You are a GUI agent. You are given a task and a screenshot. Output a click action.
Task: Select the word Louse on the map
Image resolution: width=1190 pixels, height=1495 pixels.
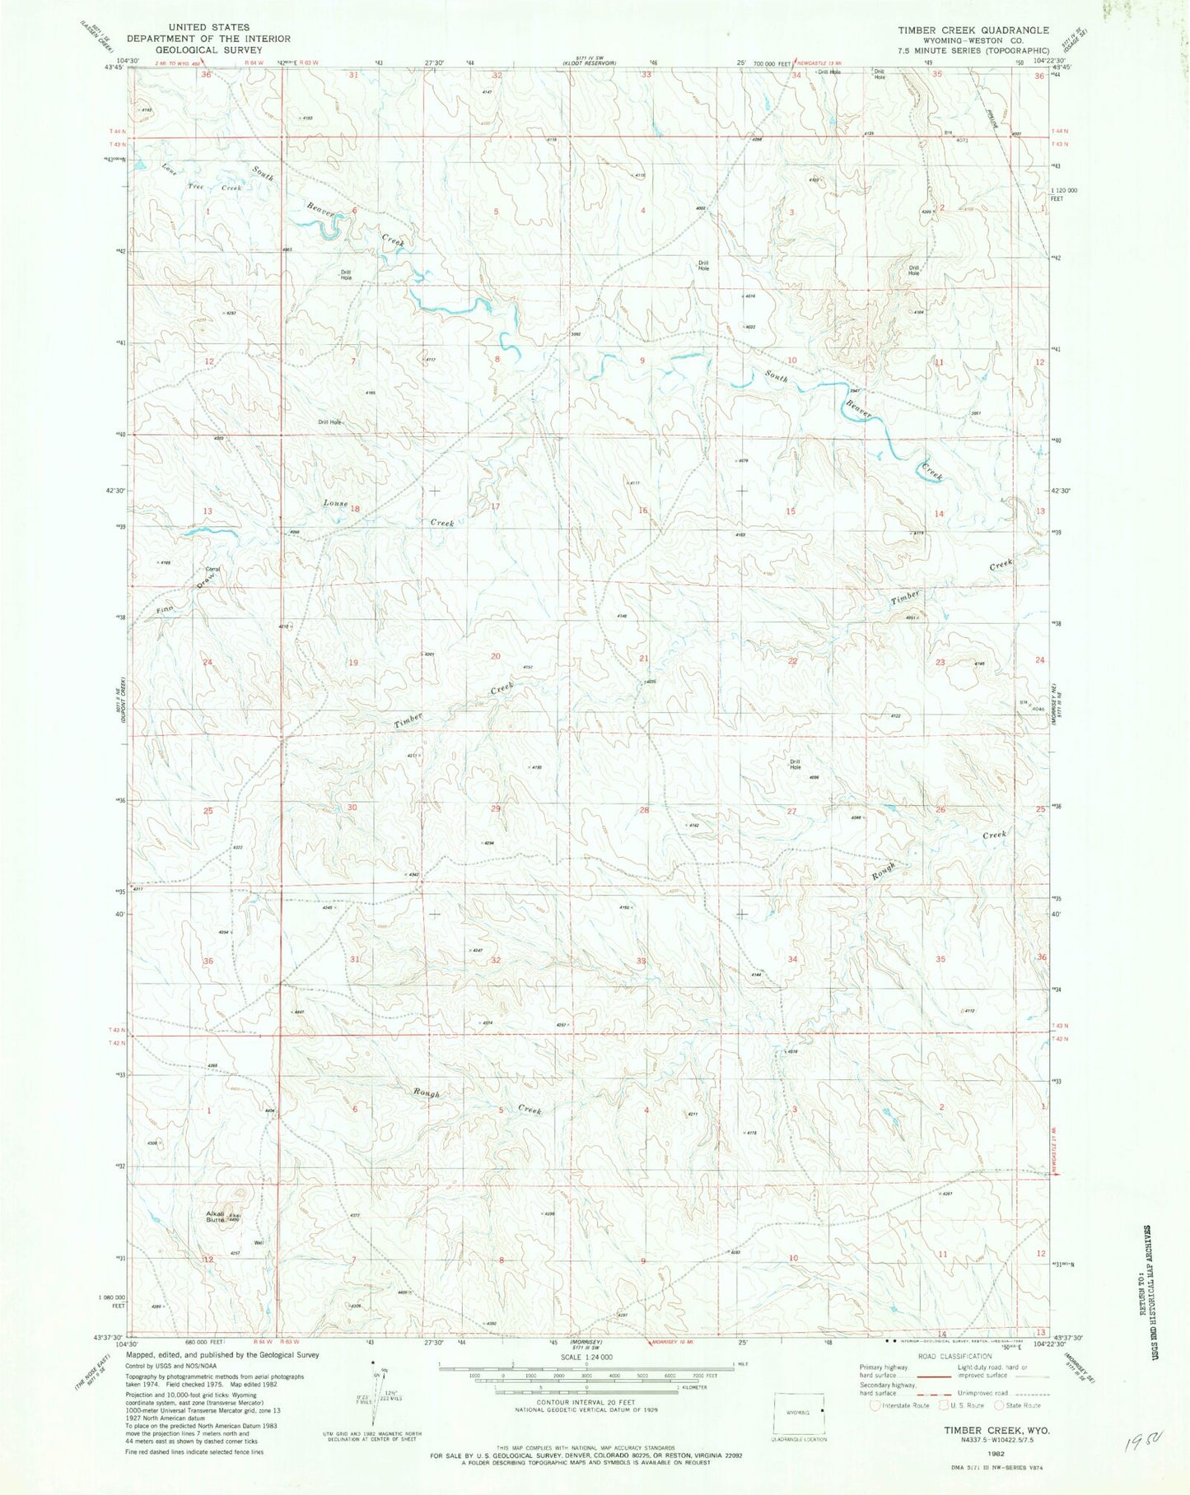point(335,503)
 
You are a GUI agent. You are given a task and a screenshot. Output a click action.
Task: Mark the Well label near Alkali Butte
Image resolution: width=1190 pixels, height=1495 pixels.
point(259,1242)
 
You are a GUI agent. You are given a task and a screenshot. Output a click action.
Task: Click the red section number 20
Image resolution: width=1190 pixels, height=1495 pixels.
point(496,656)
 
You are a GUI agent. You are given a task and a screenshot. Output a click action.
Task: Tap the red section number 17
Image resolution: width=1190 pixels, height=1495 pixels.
point(495,506)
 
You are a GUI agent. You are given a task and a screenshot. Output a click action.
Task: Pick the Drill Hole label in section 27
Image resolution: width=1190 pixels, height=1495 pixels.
point(795,764)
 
